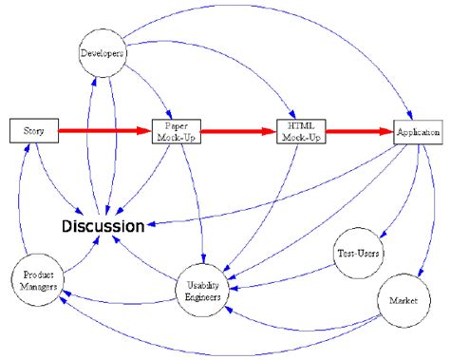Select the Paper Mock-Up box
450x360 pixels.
pyautogui.click(x=178, y=130)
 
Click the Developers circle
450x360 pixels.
pyautogui.click(x=101, y=54)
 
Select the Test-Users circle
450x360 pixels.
pyautogui.click(x=358, y=255)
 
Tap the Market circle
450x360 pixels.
pyautogui.click(x=398, y=301)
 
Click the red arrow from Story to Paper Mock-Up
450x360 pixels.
pyautogui.click(x=103, y=129)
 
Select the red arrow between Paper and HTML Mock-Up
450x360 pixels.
pyautogui.click(x=237, y=131)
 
